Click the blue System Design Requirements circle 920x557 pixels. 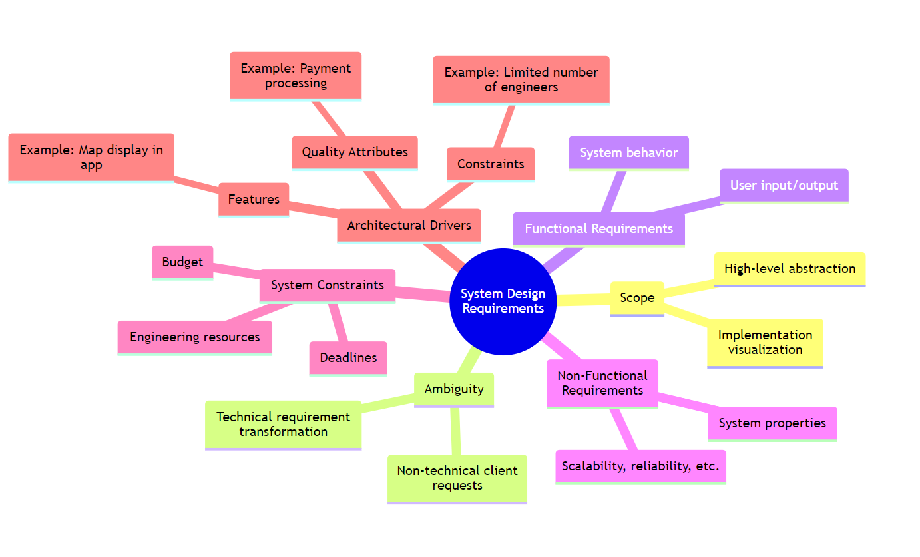[x=503, y=301]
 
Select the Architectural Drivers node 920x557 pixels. [x=409, y=225]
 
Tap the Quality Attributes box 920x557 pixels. [x=355, y=152]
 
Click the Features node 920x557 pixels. [x=254, y=199]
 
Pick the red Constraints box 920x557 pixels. [x=491, y=164]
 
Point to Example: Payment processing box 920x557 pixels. [x=296, y=75]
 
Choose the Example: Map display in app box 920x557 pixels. [x=91, y=157]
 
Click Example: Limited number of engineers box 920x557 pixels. [x=521, y=79]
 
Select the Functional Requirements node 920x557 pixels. [x=598, y=228]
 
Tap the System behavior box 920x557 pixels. [x=628, y=152]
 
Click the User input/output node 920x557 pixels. [x=784, y=185]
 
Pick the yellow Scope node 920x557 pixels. [x=637, y=297]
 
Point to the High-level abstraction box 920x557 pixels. [x=790, y=268]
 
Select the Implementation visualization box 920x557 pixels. [x=765, y=342]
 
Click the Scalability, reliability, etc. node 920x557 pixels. [x=640, y=466]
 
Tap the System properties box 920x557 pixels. [x=772, y=423]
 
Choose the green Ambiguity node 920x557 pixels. [x=454, y=389]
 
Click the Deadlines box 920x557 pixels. [x=348, y=357]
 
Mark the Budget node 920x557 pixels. [x=182, y=262]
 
